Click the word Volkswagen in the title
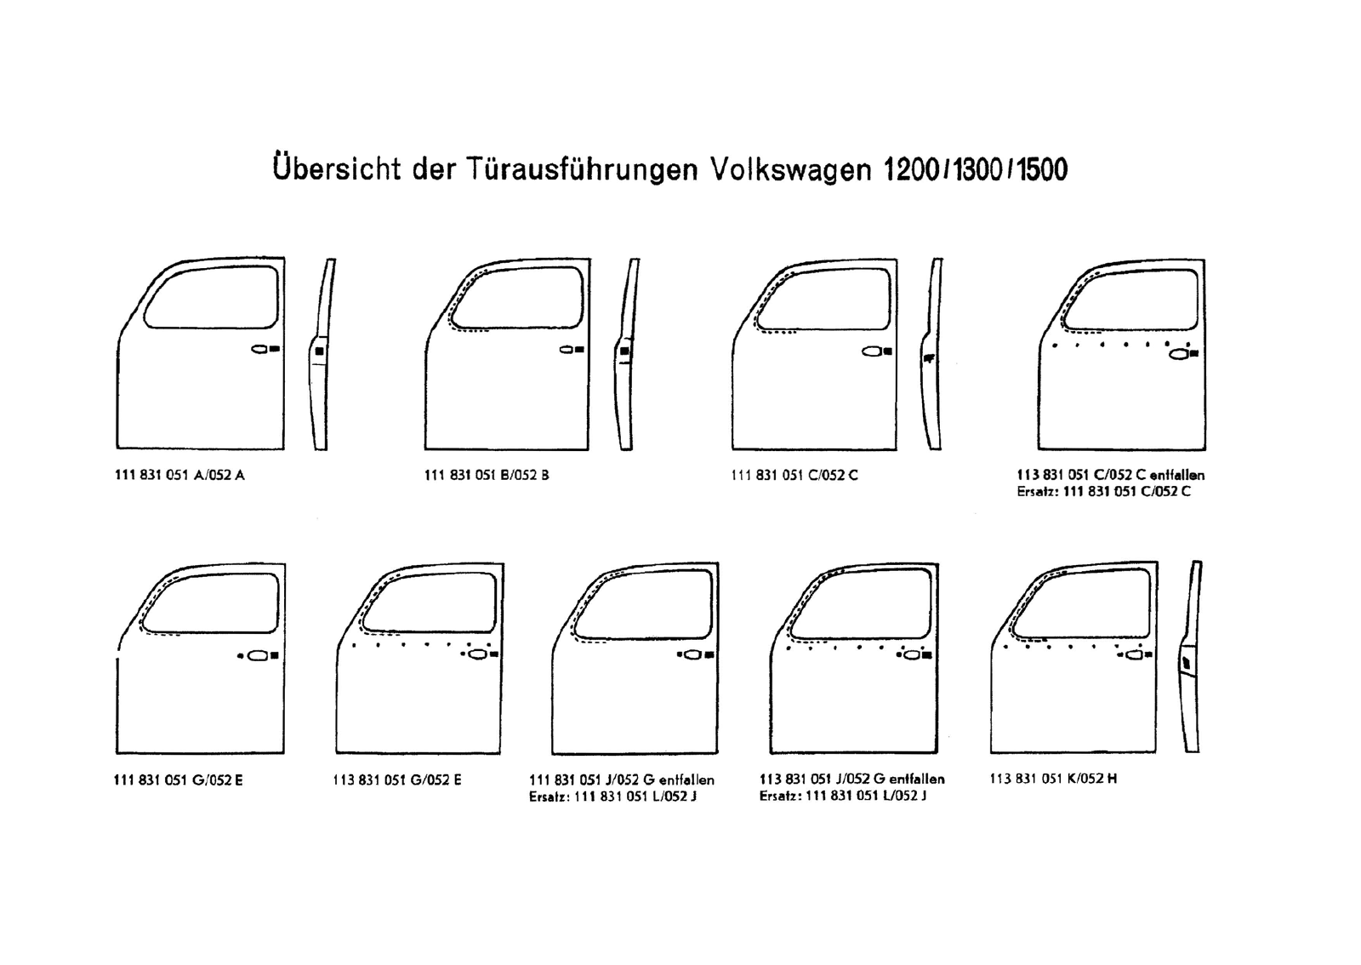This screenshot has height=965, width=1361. (790, 168)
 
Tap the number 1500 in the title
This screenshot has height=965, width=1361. (1042, 169)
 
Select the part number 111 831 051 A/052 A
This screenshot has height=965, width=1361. (179, 475)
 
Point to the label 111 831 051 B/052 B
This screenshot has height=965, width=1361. (487, 475)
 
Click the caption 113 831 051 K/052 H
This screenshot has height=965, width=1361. (1053, 778)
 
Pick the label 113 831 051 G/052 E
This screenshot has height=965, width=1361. (397, 779)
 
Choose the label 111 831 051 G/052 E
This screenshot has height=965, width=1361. (178, 779)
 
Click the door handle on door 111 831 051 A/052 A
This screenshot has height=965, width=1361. (260, 349)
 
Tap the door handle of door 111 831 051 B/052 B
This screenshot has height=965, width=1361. (567, 350)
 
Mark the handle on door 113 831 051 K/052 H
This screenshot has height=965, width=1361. (1135, 655)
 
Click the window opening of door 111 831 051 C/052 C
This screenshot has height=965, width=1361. (824, 298)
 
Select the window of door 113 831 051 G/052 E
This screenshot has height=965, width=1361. (430, 602)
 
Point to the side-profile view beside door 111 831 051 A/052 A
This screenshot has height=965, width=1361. (322, 354)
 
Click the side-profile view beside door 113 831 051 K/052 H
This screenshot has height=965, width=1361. (1191, 656)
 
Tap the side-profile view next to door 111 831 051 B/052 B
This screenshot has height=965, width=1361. (627, 354)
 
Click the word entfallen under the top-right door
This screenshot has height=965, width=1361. (1177, 475)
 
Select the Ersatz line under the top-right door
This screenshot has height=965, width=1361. (1103, 492)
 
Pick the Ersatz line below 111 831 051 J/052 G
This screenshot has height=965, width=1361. (612, 797)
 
